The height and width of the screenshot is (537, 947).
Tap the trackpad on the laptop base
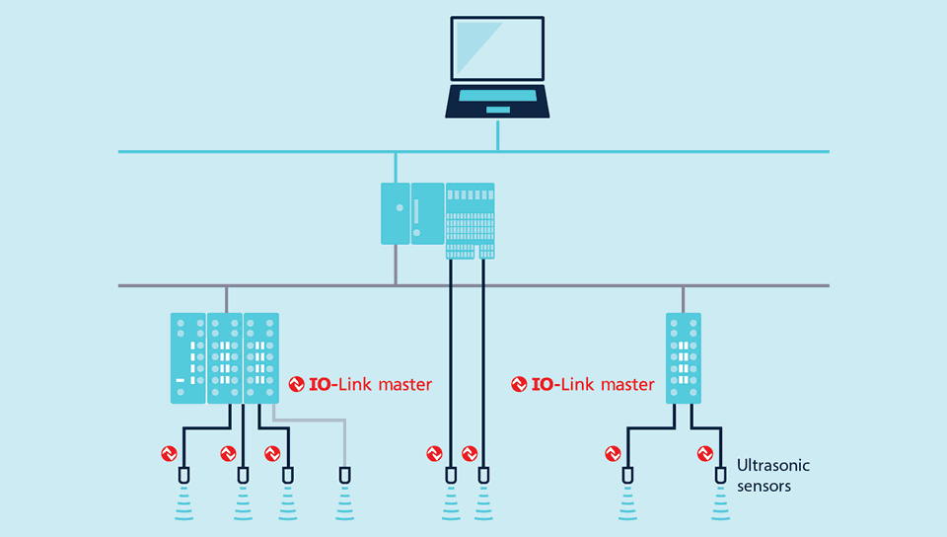498,109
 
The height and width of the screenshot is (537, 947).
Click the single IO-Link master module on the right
683,357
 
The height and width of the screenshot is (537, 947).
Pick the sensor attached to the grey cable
344,477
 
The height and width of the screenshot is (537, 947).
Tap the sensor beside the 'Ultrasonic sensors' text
721,477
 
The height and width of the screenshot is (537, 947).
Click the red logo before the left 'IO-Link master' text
296,384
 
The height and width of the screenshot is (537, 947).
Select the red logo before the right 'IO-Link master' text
519,384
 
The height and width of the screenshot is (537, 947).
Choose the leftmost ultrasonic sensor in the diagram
183,477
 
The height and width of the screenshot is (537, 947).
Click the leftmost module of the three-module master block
187,357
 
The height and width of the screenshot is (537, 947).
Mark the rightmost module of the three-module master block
261,357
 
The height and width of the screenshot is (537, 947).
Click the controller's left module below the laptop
395,212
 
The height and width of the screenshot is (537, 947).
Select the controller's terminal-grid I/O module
470,220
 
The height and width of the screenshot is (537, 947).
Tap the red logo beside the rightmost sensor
704,454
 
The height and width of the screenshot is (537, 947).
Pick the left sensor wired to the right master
627,477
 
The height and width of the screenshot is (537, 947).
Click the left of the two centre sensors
451,477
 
